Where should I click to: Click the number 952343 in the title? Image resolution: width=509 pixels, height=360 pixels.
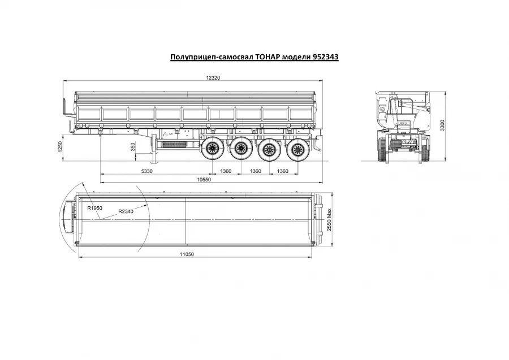[323, 58]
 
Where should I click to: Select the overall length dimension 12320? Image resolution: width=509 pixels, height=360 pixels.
[212, 79]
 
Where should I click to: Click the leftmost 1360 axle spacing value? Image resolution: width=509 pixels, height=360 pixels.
[226, 171]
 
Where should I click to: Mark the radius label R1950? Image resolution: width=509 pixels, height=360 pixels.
[94, 208]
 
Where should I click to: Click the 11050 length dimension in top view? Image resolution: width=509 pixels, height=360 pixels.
[187, 255]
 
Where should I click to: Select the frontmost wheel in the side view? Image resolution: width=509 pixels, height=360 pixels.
[213, 149]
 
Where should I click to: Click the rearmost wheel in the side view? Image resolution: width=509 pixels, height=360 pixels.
[295, 149]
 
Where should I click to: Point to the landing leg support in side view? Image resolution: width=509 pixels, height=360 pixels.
[152, 148]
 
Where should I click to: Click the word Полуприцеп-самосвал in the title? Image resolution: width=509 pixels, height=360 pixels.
[205, 58]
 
